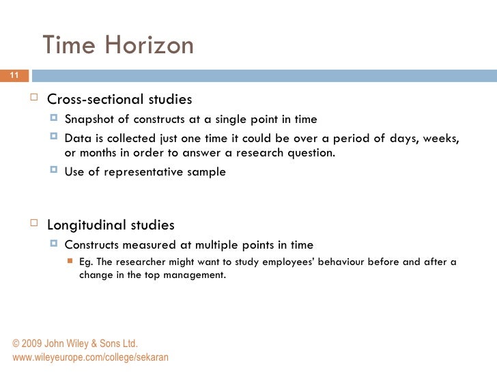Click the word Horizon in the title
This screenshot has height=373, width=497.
coord(148,46)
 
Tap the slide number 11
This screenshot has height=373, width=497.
coord(14,75)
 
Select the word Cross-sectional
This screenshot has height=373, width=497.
coord(96,100)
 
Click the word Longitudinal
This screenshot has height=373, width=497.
coord(85,225)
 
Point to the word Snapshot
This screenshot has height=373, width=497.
coord(89,120)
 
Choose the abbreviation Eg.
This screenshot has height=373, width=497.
coord(86,262)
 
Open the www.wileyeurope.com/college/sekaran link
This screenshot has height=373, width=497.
coord(90,357)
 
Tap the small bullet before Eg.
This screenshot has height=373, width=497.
coord(69,262)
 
